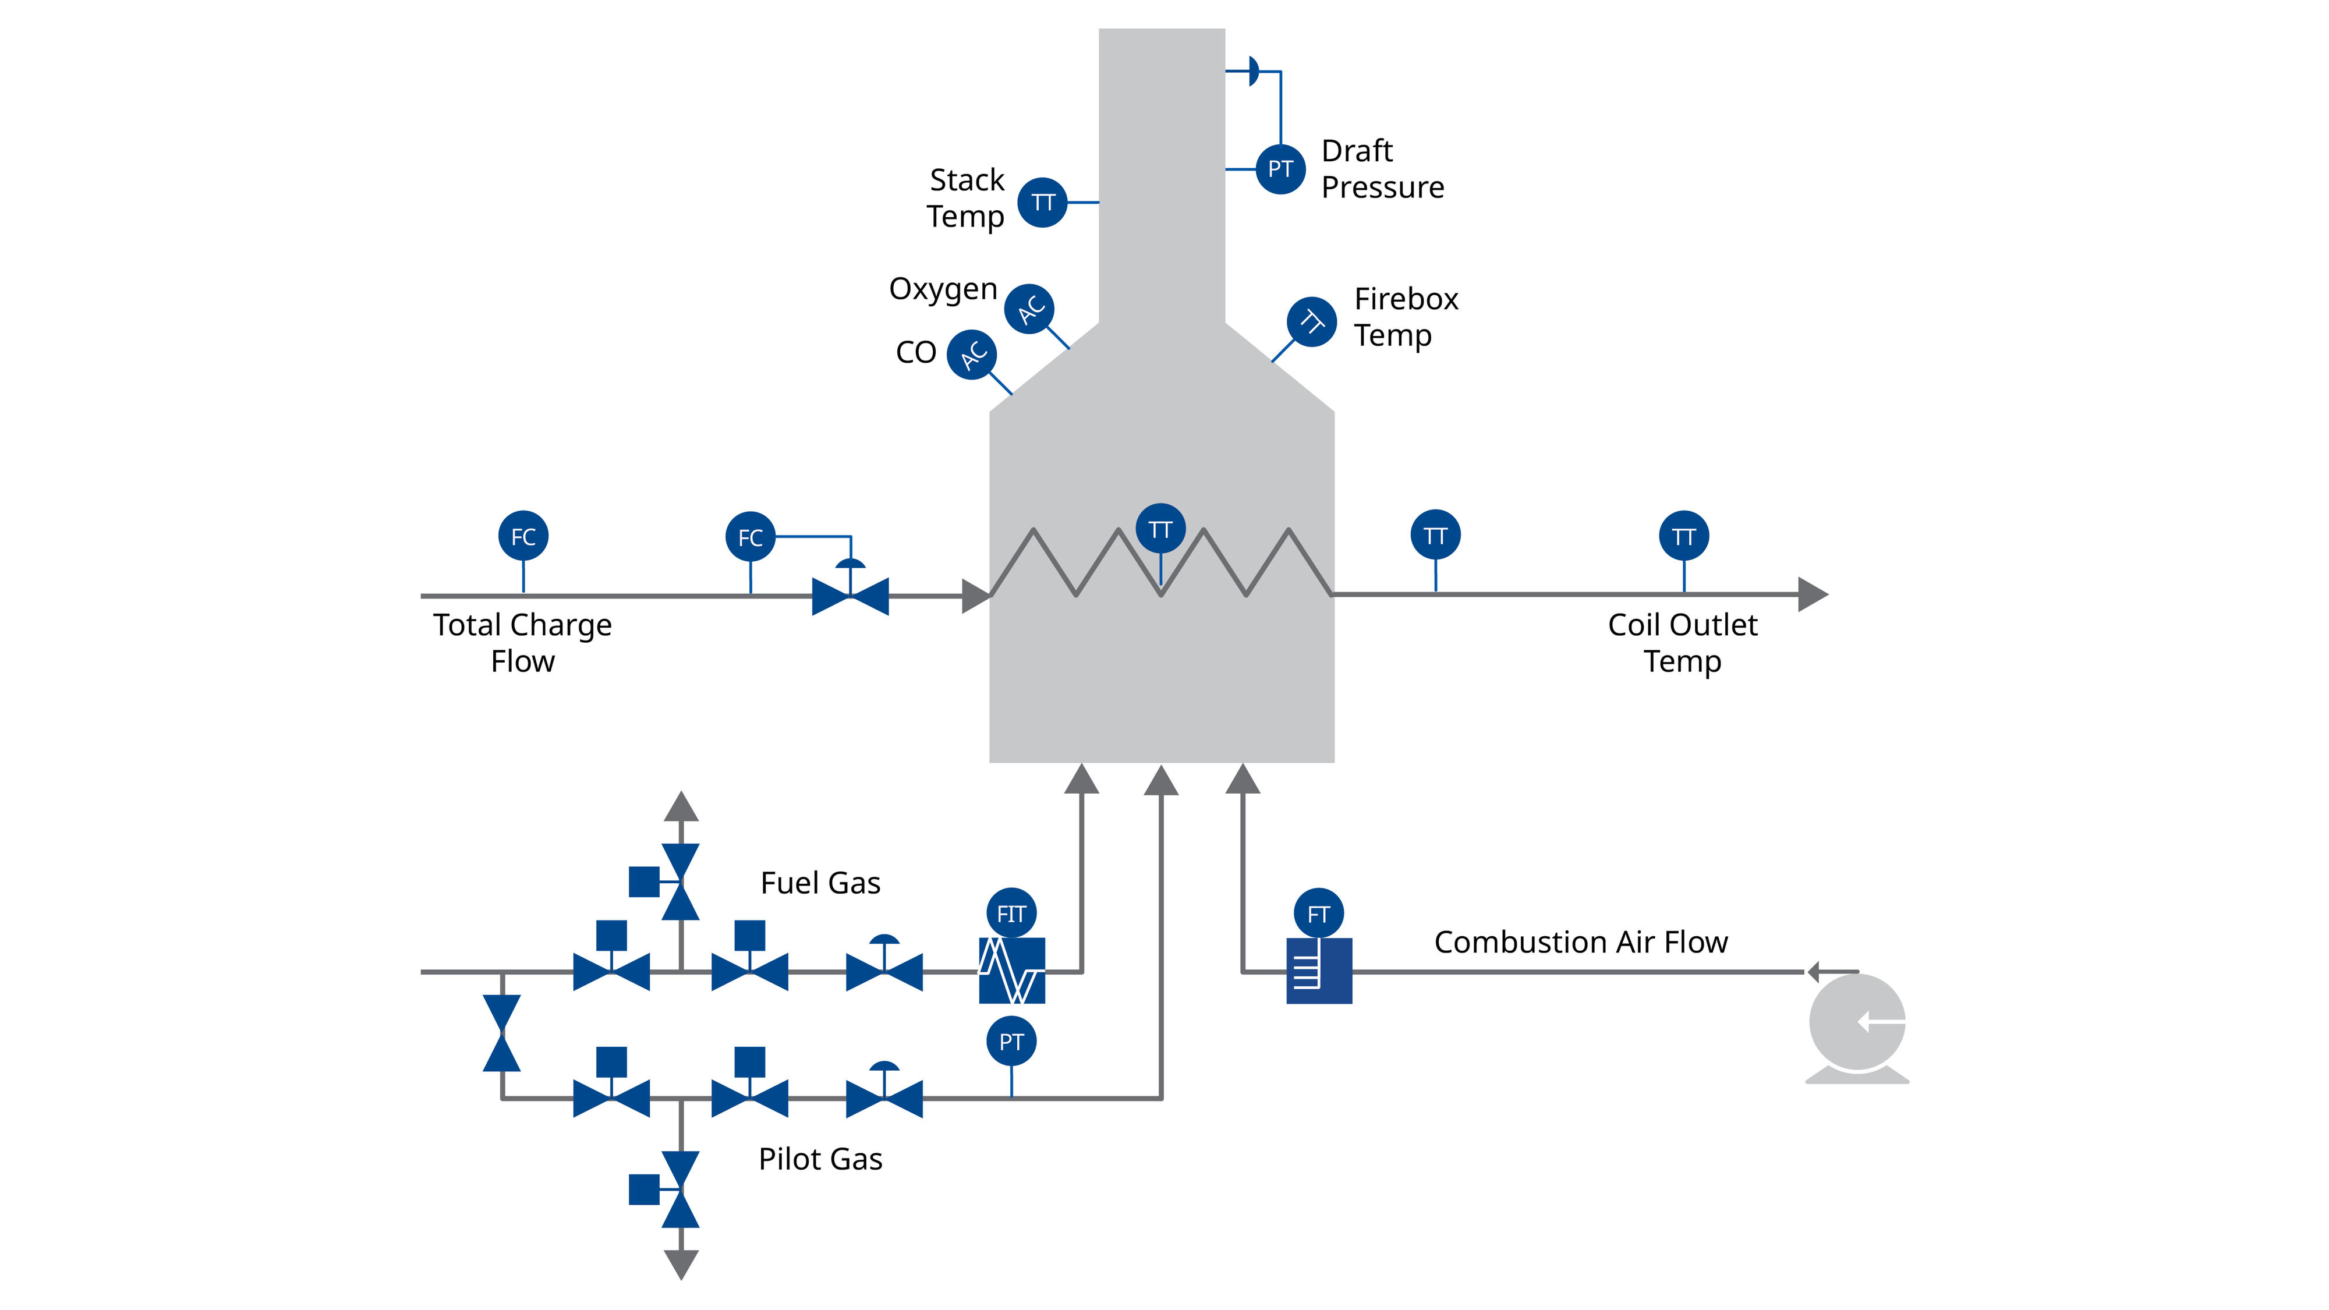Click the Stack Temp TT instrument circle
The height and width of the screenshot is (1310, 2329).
point(1042,203)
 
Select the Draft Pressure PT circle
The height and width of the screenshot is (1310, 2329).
point(1280,169)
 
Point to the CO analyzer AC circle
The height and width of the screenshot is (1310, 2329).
point(972,355)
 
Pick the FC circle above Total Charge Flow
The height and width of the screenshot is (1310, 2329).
point(523,536)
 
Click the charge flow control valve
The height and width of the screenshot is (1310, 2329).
point(850,595)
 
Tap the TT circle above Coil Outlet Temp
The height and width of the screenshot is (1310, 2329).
point(1683,536)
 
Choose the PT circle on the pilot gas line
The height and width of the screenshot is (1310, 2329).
point(1011,1042)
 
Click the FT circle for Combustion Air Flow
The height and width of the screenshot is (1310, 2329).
point(1318,914)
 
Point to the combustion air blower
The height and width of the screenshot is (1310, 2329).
point(1857,1025)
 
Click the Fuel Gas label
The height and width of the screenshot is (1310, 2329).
point(820,883)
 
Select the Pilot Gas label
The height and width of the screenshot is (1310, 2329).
point(820,1159)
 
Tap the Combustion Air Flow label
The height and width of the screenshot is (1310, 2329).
point(1580,942)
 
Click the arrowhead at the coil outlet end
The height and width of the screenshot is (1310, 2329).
point(1812,595)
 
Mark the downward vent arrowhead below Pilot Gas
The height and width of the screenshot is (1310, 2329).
point(681,1264)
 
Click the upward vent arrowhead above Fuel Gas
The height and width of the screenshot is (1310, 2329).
point(681,806)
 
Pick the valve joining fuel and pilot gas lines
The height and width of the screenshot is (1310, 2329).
point(502,1033)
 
